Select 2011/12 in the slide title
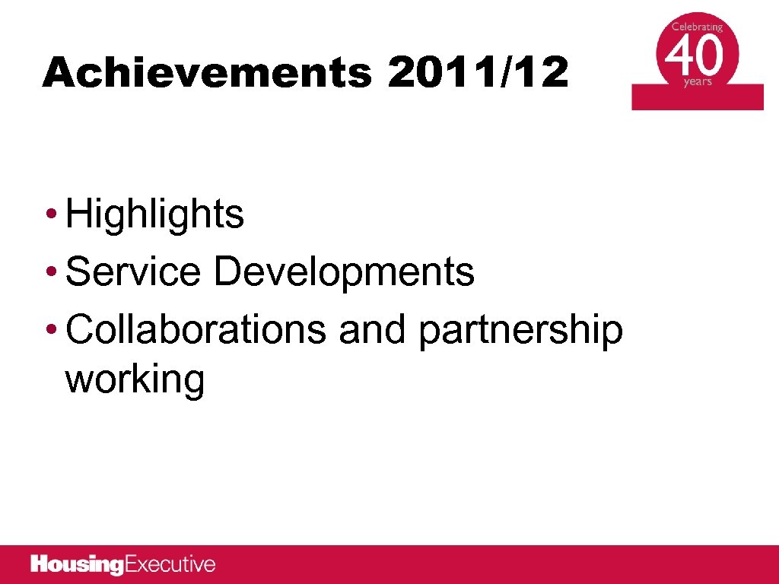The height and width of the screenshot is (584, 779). coord(477,74)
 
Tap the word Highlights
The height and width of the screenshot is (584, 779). coord(154,214)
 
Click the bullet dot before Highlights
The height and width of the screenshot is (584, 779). coord(50,214)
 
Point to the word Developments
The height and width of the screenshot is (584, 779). coord(344,272)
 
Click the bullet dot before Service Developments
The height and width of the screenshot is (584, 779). coord(50,272)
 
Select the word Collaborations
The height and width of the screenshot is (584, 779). coord(196,330)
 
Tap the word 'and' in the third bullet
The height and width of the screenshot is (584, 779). coord(372,330)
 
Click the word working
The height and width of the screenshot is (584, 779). coord(135,379)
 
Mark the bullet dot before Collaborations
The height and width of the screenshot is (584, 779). coord(50,330)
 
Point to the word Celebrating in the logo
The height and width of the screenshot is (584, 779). coord(697,27)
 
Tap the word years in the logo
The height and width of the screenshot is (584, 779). coord(698,81)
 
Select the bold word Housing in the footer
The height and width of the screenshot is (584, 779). coord(77,565)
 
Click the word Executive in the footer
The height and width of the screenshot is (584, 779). coord(170,565)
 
